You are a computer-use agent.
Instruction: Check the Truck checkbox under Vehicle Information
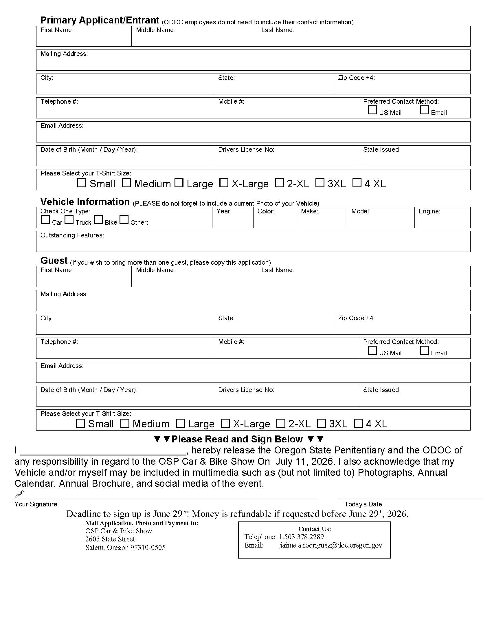(x=69, y=220)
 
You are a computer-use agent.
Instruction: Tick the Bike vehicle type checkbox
(x=98, y=220)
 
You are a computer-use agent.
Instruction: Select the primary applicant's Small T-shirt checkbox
(x=82, y=183)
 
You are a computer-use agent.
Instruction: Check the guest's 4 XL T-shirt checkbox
(x=358, y=423)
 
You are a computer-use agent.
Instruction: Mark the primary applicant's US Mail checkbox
(x=372, y=110)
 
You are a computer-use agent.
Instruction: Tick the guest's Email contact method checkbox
(x=424, y=350)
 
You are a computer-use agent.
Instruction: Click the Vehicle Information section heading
(x=85, y=202)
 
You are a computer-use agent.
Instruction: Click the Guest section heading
(x=54, y=260)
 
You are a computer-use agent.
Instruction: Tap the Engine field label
(x=429, y=211)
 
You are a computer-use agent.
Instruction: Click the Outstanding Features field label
(x=72, y=235)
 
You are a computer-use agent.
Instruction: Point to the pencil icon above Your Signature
(x=19, y=494)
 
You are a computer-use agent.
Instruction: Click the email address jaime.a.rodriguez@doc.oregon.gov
(x=331, y=545)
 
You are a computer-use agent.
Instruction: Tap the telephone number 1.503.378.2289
(x=301, y=537)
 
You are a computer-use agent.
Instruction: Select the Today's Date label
(x=363, y=504)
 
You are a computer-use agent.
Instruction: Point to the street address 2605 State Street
(x=110, y=539)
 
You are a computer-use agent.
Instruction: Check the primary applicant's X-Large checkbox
(x=223, y=183)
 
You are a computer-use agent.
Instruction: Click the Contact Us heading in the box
(x=315, y=529)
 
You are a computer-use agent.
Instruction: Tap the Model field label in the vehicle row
(x=361, y=211)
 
